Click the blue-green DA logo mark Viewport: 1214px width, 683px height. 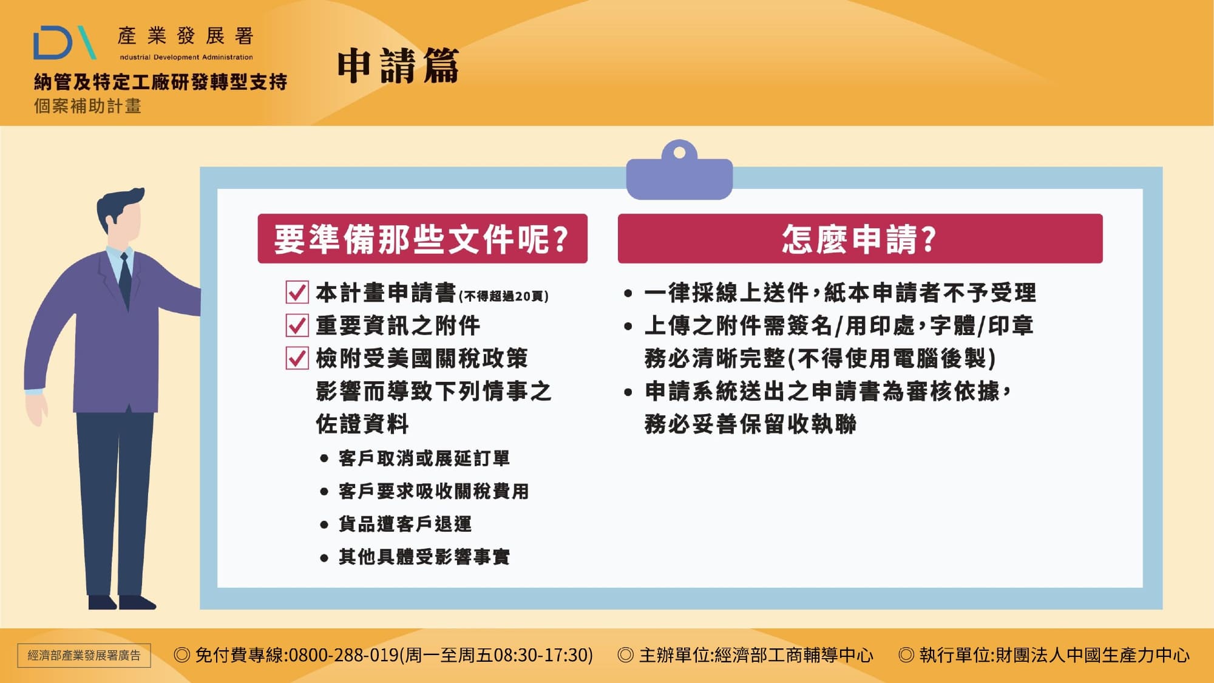[64, 42]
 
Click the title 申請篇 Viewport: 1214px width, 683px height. [398, 66]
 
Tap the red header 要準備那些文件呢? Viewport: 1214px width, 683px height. [422, 239]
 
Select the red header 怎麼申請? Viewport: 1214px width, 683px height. [860, 239]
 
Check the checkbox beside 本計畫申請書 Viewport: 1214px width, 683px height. [297, 292]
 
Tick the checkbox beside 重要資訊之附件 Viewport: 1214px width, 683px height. [297, 325]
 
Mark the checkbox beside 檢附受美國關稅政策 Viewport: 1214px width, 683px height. [297, 358]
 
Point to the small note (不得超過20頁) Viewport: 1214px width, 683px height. [503, 296]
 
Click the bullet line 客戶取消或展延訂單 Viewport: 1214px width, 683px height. [424, 458]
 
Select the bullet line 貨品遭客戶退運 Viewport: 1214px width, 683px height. [405, 524]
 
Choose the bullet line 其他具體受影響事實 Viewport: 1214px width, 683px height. [424, 557]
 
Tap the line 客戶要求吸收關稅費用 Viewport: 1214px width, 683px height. [433, 491]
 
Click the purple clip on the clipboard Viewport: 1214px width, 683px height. [679, 173]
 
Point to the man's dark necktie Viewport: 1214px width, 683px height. [125, 279]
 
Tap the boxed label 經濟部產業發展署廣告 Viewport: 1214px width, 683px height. [84, 656]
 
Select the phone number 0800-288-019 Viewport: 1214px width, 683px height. [343, 655]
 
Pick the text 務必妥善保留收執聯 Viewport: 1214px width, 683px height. [750, 424]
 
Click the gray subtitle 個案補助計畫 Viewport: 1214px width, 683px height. [87, 106]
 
